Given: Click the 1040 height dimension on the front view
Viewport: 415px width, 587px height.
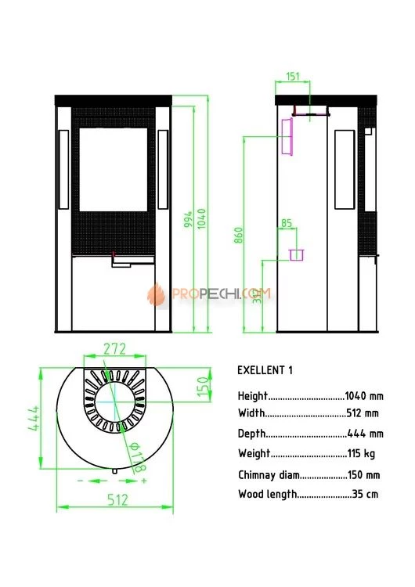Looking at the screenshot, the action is pos(201,219).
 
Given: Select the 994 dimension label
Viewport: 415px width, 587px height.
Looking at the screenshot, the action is pos(188,219).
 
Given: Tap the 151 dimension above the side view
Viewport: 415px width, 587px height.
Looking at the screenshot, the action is pos(293,77).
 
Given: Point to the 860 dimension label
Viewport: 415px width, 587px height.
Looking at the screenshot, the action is pos(239,235).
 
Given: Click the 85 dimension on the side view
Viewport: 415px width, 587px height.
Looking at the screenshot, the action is pos(287,224).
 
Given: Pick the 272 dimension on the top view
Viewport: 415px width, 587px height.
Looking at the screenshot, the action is pos(114,349).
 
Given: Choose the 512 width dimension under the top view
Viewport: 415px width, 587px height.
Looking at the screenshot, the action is pos(117,500).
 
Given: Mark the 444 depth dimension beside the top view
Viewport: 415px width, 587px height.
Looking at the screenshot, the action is pos(34,418).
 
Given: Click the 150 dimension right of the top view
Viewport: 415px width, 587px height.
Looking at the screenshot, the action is pos(202,387).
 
